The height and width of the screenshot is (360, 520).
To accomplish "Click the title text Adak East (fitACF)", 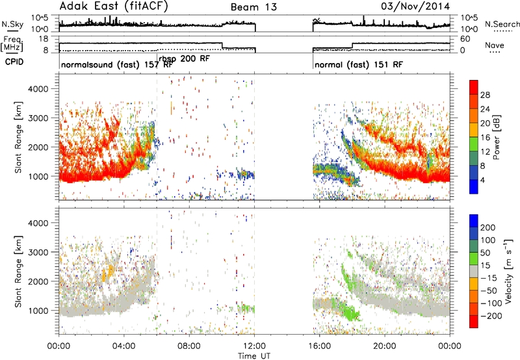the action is tap(114, 6).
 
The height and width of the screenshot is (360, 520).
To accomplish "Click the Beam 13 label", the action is tap(253, 7).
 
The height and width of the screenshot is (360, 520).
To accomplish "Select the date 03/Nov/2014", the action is tap(415, 6).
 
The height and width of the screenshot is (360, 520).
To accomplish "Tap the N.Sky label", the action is tap(12, 24).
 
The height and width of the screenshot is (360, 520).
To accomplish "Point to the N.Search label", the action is tap(502, 24).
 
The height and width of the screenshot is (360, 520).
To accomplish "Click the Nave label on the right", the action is tap(494, 45).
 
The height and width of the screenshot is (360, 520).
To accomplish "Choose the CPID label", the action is tap(14, 62).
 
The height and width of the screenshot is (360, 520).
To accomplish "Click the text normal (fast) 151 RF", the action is tap(359, 64).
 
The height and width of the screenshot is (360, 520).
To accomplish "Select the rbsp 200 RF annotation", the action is tap(184, 59).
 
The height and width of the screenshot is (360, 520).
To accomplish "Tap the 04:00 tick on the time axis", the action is tap(123, 346).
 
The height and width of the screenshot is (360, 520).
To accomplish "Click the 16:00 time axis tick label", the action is tap(319, 346).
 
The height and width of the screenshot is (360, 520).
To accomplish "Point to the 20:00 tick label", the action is tap(385, 346).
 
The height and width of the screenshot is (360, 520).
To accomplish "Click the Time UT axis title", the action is tap(254, 356).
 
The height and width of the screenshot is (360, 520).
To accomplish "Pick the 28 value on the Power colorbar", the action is tap(485, 95).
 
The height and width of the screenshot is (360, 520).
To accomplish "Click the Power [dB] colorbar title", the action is tap(496, 137).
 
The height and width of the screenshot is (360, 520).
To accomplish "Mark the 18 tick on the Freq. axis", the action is tap(44, 39).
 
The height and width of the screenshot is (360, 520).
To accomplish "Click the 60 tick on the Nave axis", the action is tap(465, 39).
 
